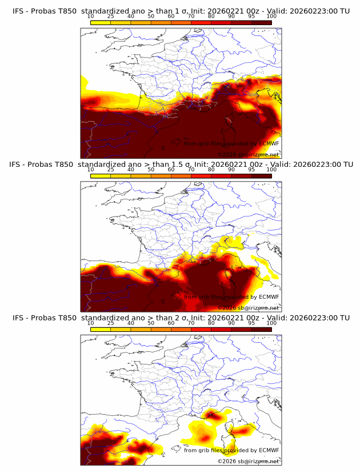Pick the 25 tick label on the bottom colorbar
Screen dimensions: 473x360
pyautogui.click(x=111, y=323)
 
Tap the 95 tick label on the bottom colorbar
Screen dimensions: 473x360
pyautogui.click(x=251, y=323)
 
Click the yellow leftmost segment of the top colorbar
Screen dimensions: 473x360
pyautogui.click(x=101, y=22)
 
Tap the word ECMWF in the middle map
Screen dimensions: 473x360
pyautogui.click(x=269, y=297)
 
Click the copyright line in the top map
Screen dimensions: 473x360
pyautogui.click(x=248, y=155)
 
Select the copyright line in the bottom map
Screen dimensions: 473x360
pyautogui.click(x=248, y=462)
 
